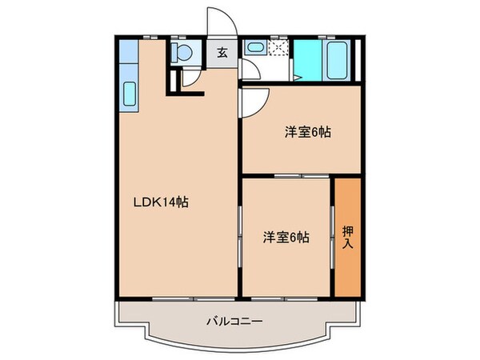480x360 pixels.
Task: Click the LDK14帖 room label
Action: point(160,203)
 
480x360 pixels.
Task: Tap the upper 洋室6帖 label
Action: point(307,133)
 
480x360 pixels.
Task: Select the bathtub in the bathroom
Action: point(337,58)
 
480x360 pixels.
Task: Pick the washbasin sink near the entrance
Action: point(255,49)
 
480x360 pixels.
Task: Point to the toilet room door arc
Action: point(190,78)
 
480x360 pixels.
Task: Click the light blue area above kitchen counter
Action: point(128,56)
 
